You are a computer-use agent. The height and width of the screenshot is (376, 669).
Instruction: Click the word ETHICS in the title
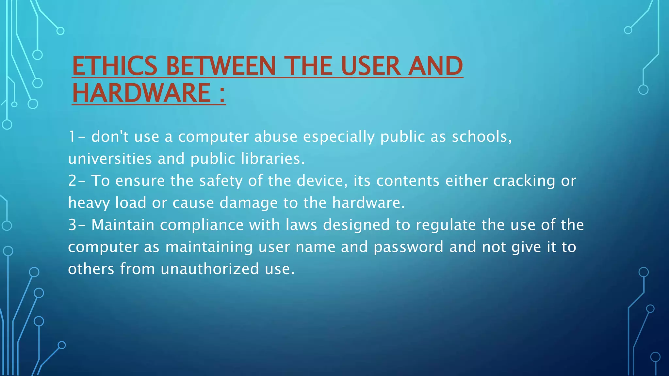tap(115, 66)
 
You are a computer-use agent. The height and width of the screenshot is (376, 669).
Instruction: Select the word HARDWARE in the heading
tap(141, 93)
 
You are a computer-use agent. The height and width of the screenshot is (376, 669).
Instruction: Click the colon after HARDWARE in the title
tap(222, 94)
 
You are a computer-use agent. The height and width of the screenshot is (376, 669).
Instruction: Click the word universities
tap(110, 159)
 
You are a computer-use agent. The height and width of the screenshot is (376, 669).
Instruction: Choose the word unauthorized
tap(210, 269)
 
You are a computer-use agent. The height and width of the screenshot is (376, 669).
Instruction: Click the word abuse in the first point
tap(276, 136)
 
